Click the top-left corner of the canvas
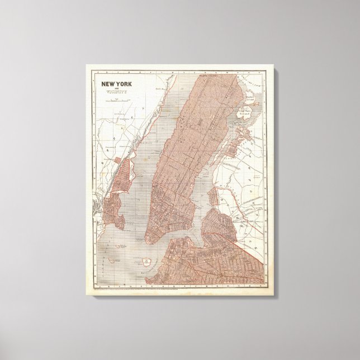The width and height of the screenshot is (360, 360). (x=87, y=65)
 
